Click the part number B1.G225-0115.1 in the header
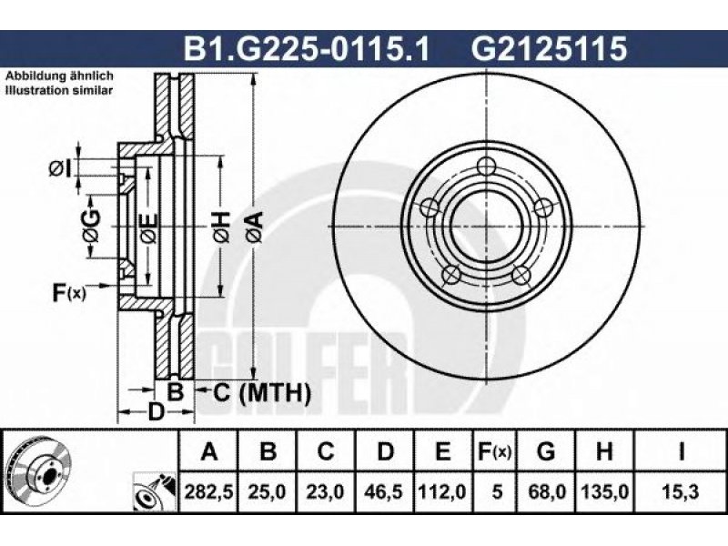[x=307, y=48]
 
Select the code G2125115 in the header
[x=550, y=48]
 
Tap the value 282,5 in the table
[x=208, y=491]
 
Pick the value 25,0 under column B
[x=267, y=491]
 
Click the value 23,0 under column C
[x=326, y=491]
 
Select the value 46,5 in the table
[x=384, y=491]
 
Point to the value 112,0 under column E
[x=443, y=491]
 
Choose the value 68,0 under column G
[x=547, y=491]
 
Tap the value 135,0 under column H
[x=605, y=491]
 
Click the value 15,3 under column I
[x=681, y=491]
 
